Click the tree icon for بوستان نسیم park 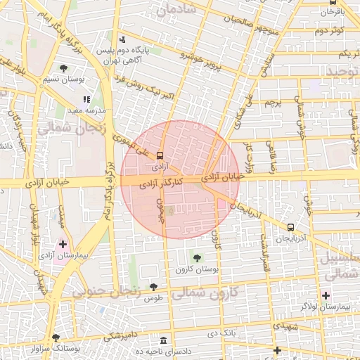(x=64, y=68)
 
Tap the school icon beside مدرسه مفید (x=86, y=100)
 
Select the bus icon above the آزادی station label (x=160, y=155)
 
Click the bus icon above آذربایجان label (x=290, y=228)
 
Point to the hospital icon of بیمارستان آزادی (x=63, y=245)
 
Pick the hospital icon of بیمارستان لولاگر (x=326, y=295)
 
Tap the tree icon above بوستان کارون (x=197, y=257)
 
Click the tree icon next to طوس (x=153, y=286)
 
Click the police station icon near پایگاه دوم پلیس (x=123, y=39)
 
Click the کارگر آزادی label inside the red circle (x=162, y=184)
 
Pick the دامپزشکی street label (x=120, y=336)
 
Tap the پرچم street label (x=273, y=103)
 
